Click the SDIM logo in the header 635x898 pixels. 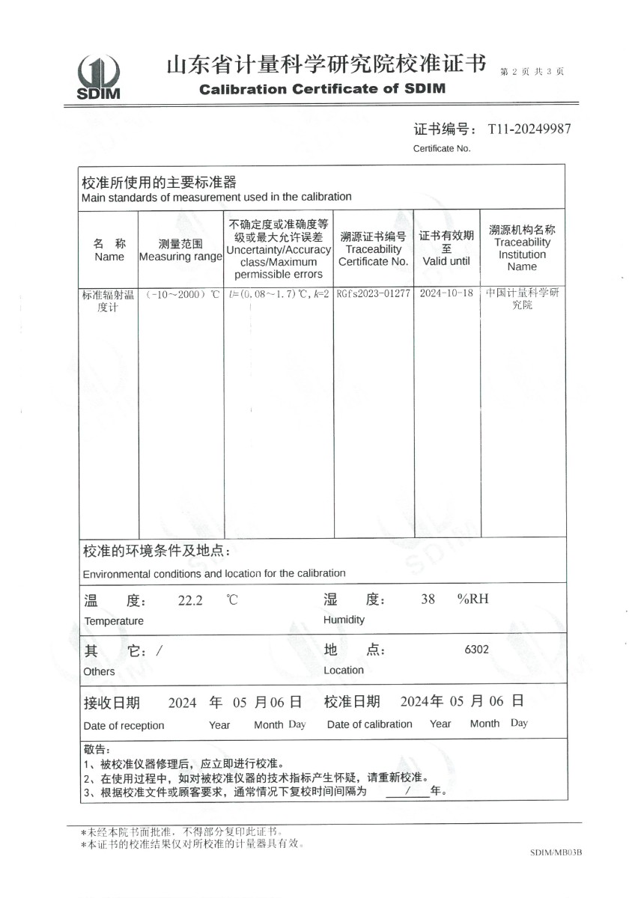98,76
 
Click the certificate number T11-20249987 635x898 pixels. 529,129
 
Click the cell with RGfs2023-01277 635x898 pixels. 373,293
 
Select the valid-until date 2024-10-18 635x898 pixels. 446,293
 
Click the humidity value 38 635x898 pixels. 428,599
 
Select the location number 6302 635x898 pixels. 476,650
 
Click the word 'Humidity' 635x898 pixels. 344,620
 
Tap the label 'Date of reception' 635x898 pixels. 124,725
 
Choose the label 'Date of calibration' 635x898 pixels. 369,724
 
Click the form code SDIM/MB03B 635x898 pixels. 556,852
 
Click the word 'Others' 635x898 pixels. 100,671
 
